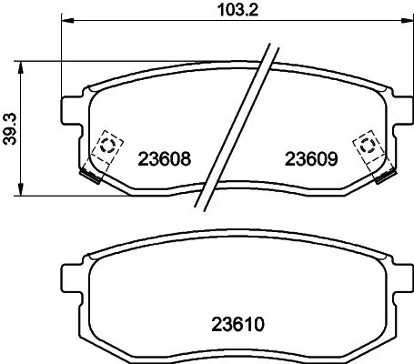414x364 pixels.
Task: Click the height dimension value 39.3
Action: pyautogui.click(x=10, y=128)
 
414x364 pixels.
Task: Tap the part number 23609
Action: pyautogui.click(x=312, y=157)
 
